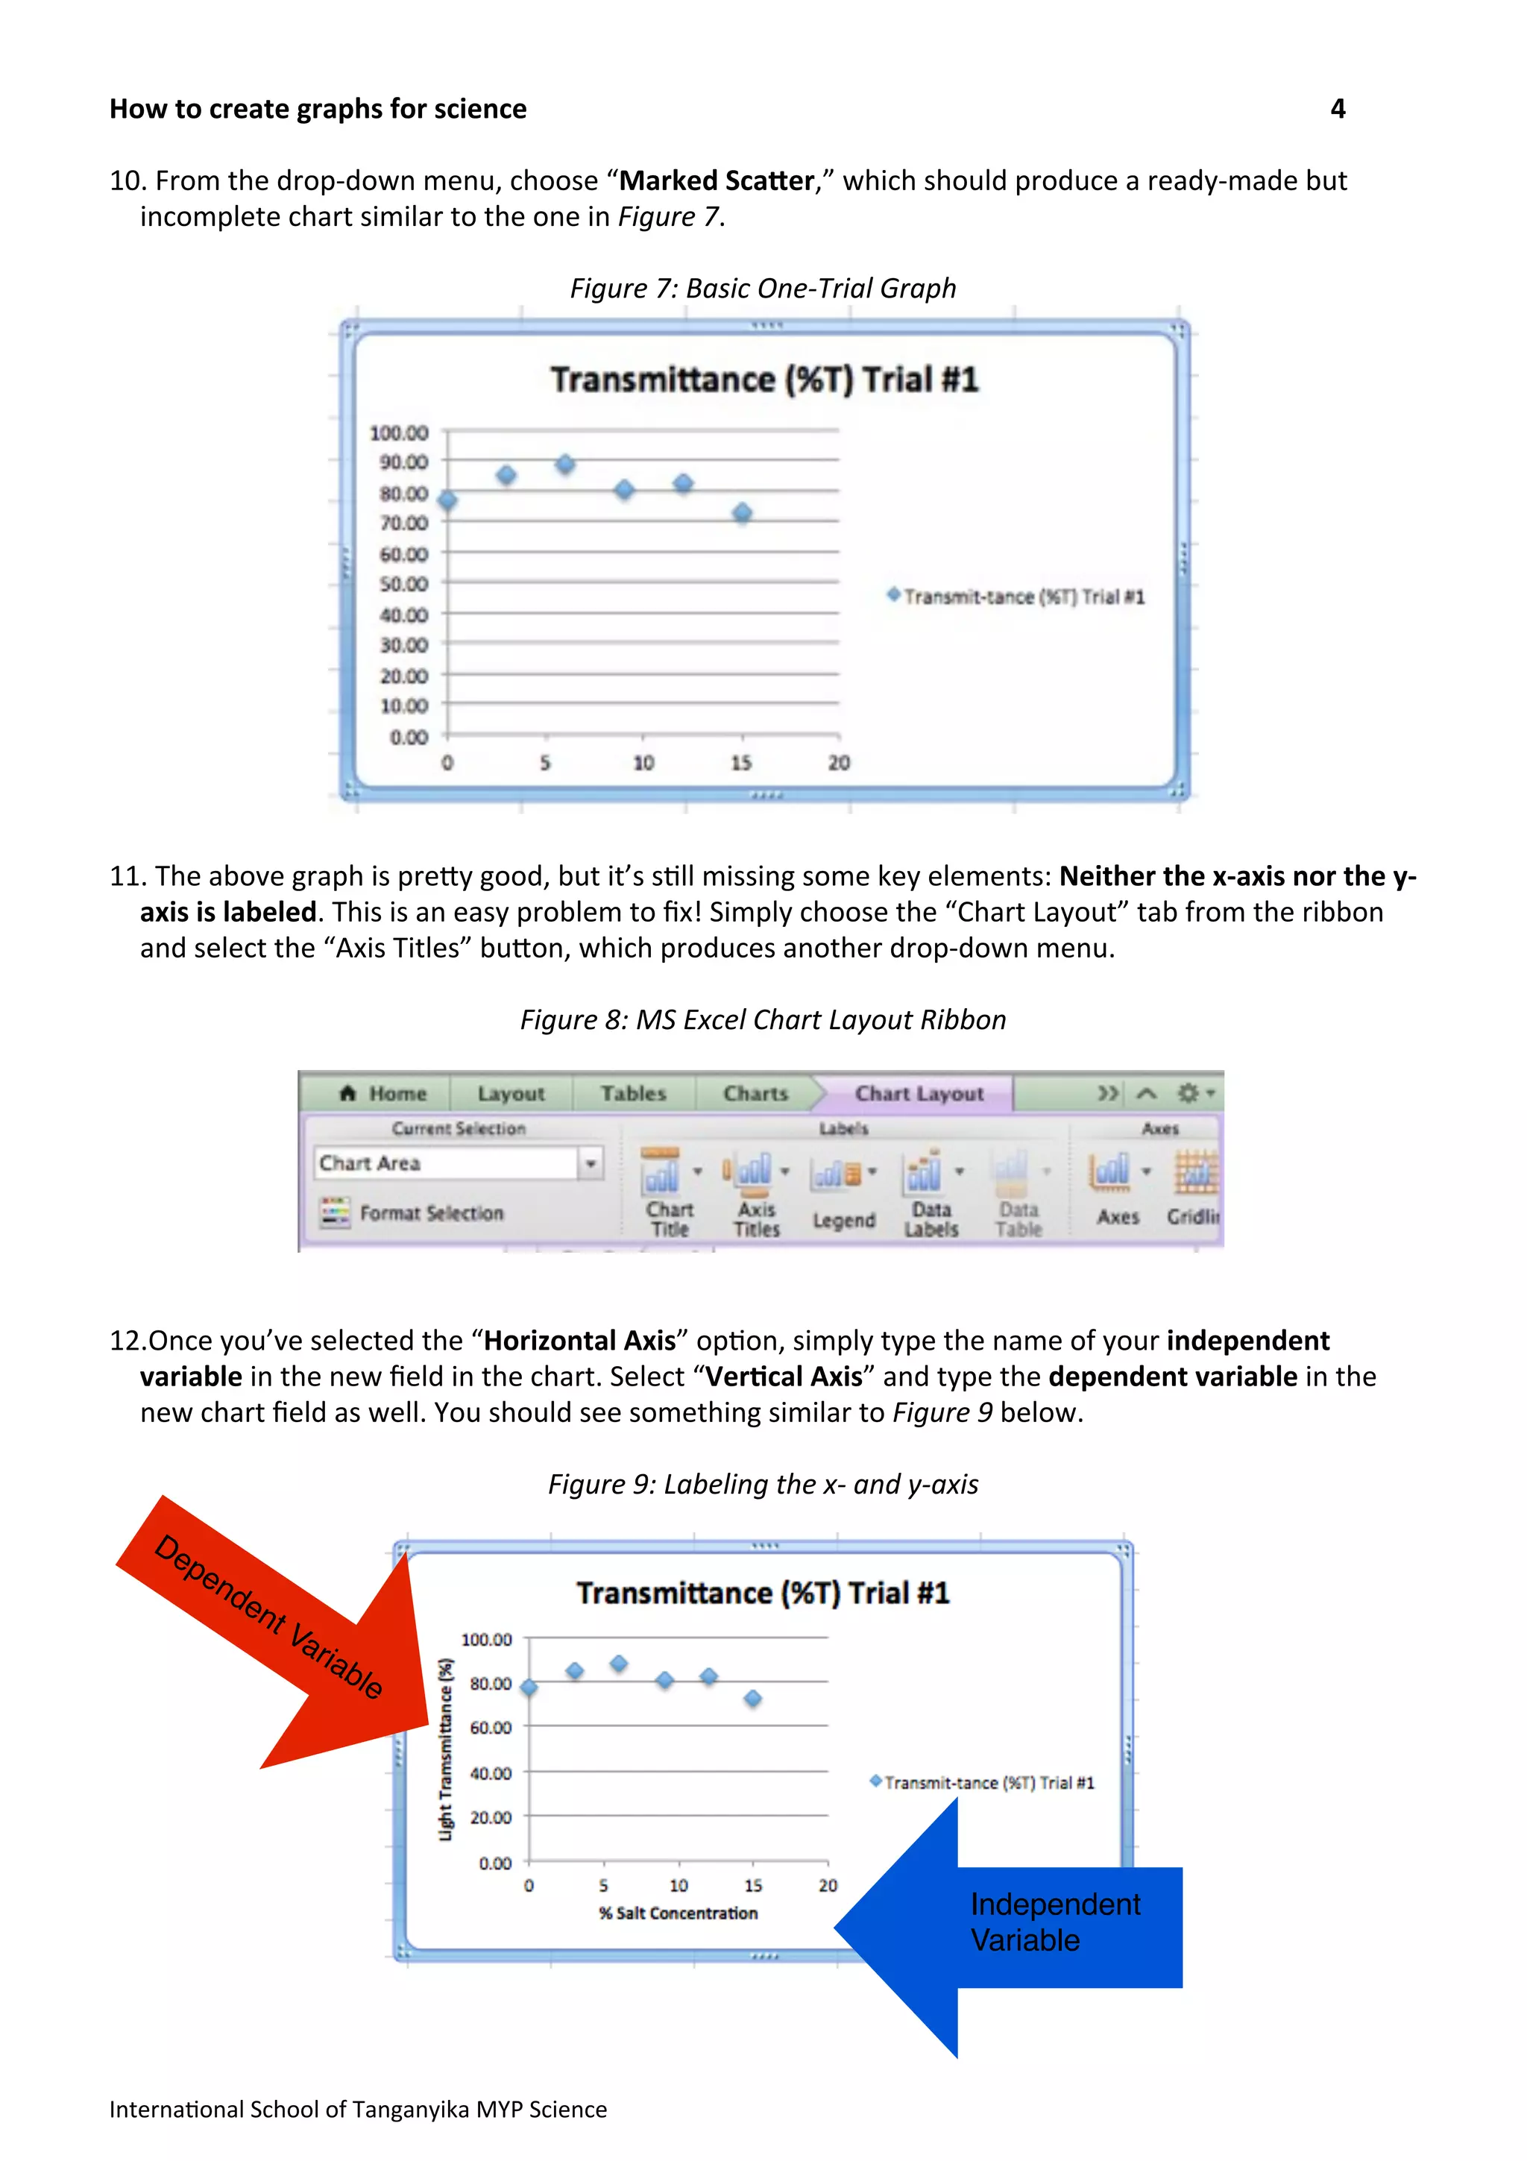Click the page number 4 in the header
click(x=1337, y=109)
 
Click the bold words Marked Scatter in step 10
click(x=716, y=180)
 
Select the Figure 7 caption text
click(x=763, y=288)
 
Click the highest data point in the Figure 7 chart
click(x=564, y=464)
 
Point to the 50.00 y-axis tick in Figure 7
click(x=403, y=584)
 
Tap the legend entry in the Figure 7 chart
click(x=1016, y=597)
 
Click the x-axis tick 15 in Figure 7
click(x=741, y=762)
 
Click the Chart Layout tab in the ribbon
click(x=919, y=1094)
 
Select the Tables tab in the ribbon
click(x=633, y=1094)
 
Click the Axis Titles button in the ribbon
click(x=757, y=1193)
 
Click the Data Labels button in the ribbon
click(x=931, y=1193)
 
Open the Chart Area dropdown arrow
click(x=590, y=1163)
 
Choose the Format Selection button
click(x=413, y=1212)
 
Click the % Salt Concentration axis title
click(x=678, y=1913)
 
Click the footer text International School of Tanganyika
click(x=358, y=2110)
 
